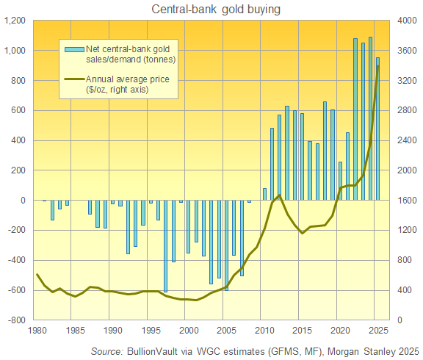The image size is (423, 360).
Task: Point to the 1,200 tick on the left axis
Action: [14, 21]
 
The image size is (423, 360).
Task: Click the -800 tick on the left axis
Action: [16, 320]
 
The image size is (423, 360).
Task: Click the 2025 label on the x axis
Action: [377, 331]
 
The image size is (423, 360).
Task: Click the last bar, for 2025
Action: [378, 129]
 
